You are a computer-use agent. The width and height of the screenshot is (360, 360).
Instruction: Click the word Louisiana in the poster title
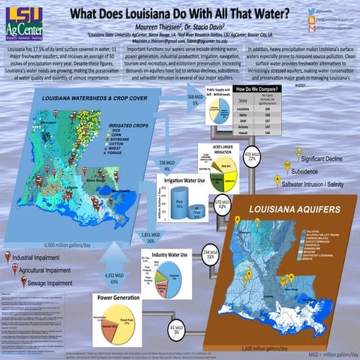tap(157, 13)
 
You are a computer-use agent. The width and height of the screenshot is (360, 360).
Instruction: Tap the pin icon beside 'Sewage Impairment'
tap(23, 282)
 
